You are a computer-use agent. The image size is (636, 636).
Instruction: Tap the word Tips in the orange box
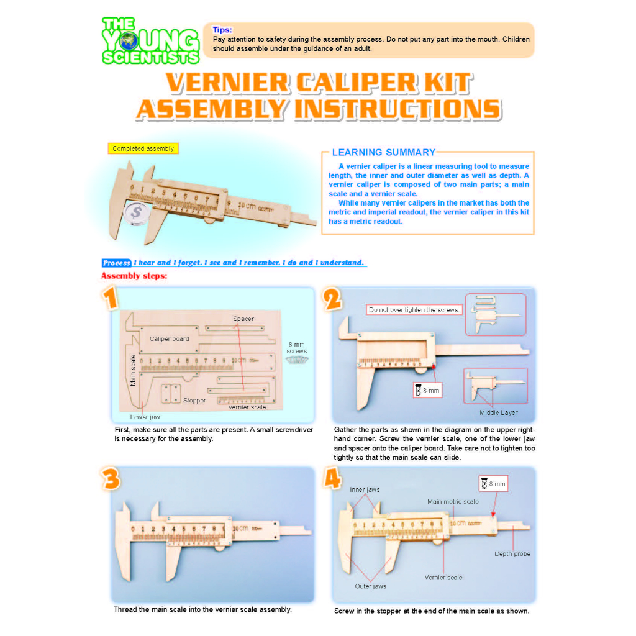click(x=222, y=30)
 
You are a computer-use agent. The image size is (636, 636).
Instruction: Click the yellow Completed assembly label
click(x=143, y=148)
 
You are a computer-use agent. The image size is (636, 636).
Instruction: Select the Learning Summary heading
click(x=384, y=153)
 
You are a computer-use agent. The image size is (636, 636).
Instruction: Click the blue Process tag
click(x=116, y=263)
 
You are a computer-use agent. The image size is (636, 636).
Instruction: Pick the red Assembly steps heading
click(x=134, y=276)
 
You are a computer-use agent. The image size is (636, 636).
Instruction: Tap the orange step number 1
click(x=110, y=298)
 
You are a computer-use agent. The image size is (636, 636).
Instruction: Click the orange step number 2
click(x=333, y=299)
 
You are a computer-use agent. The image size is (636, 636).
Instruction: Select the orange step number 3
click(x=111, y=479)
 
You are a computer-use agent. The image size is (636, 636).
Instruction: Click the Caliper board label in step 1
click(x=169, y=338)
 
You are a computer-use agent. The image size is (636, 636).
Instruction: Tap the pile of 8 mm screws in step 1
click(x=297, y=360)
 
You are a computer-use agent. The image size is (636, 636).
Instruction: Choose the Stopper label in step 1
click(x=194, y=401)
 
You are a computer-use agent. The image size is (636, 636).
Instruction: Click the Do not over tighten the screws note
click(x=414, y=309)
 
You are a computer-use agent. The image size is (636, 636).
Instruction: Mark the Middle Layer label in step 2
click(x=499, y=412)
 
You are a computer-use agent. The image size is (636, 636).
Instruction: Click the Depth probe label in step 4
click(x=512, y=553)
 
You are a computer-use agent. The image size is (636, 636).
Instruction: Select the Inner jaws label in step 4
click(x=365, y=489)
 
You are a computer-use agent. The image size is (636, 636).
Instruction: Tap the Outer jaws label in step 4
click(x=370, y=586)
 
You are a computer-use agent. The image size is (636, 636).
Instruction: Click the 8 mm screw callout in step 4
click(x=493, y=483)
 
